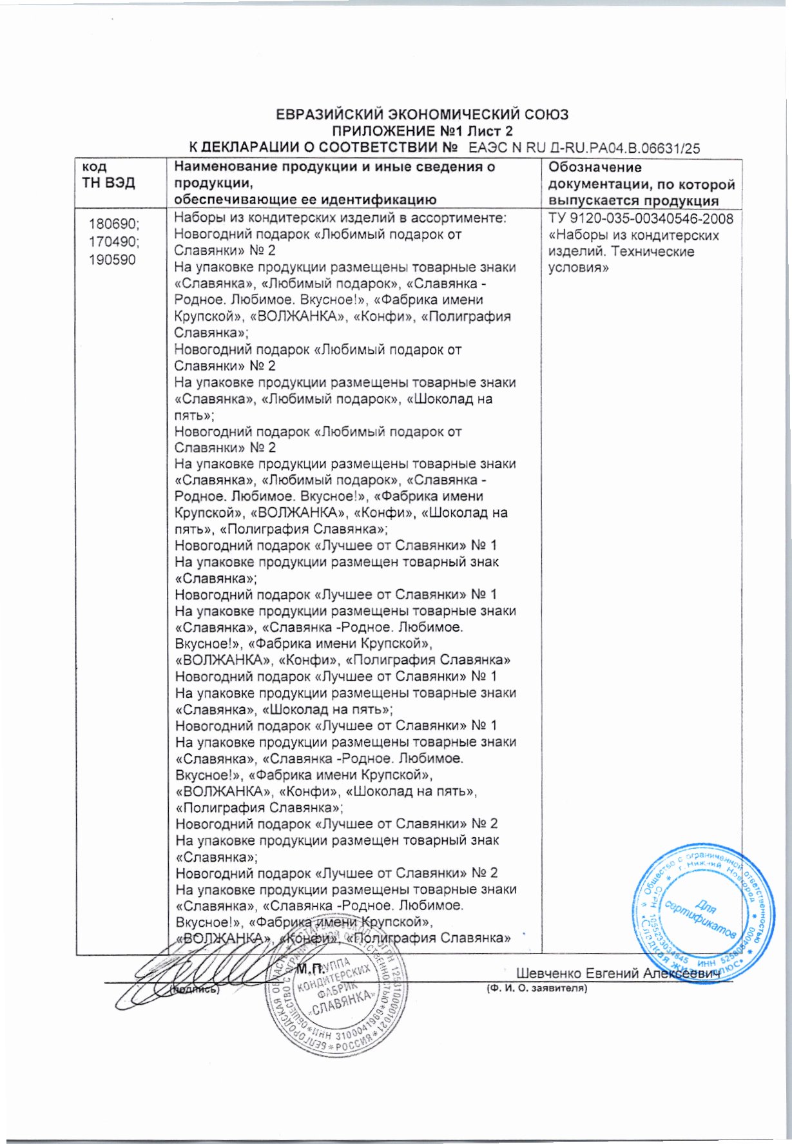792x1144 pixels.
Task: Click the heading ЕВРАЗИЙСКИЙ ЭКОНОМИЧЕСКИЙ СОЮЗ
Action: pos(422,115)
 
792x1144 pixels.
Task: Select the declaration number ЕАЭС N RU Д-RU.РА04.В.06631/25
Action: pos(584,148)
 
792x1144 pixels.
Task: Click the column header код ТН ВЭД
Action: pos(108,175)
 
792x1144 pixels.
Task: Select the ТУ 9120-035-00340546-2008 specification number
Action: pos(641,218)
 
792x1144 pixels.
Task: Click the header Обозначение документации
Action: pos(641,184)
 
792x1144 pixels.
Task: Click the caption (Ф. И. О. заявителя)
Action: pos(536,988)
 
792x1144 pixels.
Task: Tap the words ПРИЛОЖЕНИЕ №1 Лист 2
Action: pos(422,131)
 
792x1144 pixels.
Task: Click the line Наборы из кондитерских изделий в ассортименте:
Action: pos(340,218)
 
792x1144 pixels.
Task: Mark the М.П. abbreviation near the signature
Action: pos(310,969)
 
